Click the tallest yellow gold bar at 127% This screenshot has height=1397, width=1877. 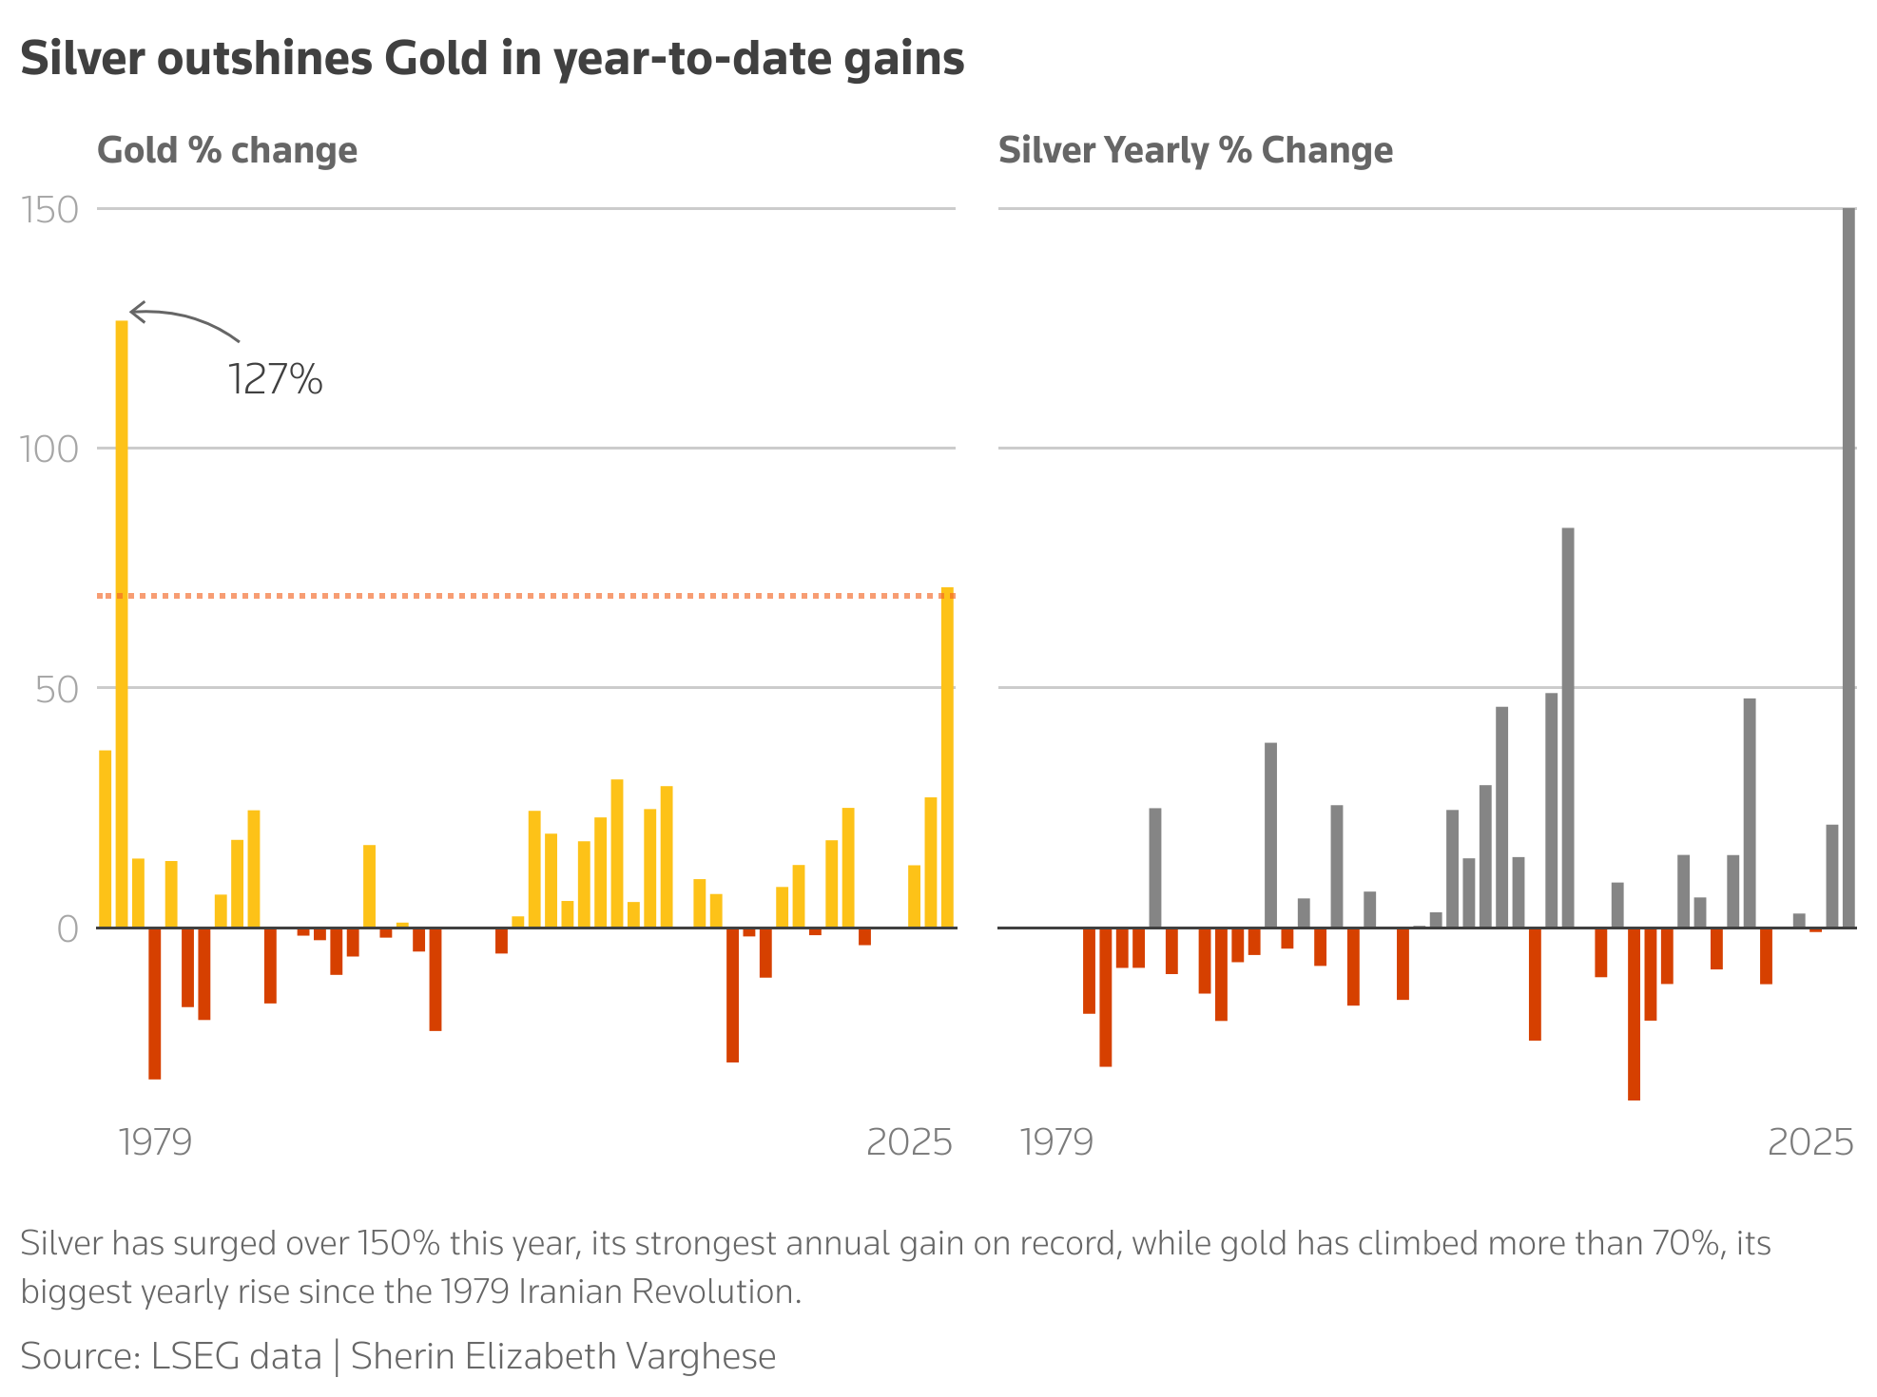[x=122, y=622]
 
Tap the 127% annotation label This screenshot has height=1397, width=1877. [x=276, y=379]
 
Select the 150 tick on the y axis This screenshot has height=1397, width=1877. [x=49, y=210]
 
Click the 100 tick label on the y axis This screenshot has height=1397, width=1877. [x=49, y=450]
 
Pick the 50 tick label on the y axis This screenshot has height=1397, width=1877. [x=57, y=690]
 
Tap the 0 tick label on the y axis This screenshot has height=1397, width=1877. [x=68, y=929]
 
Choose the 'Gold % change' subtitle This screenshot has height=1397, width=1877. [x=227, y=150]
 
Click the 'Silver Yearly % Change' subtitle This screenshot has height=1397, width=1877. [x=1195, y=150]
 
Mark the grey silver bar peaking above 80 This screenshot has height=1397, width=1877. [x=1568, y=727]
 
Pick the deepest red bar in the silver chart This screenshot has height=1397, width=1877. [x=1634, y=1013]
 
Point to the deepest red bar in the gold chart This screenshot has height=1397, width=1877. [x=155, y=1003]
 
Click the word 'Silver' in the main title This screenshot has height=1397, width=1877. [x=82, y=59]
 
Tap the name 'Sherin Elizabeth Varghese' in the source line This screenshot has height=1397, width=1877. [x=563, y=1356]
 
